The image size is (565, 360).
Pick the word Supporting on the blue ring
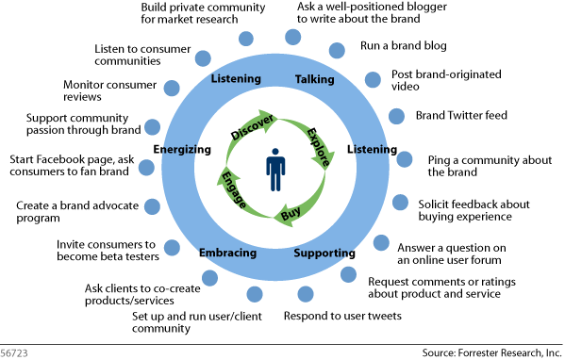coord(324,254)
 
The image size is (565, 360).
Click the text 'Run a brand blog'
coord(403,45)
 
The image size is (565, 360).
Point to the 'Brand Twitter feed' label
coord(461,116)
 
